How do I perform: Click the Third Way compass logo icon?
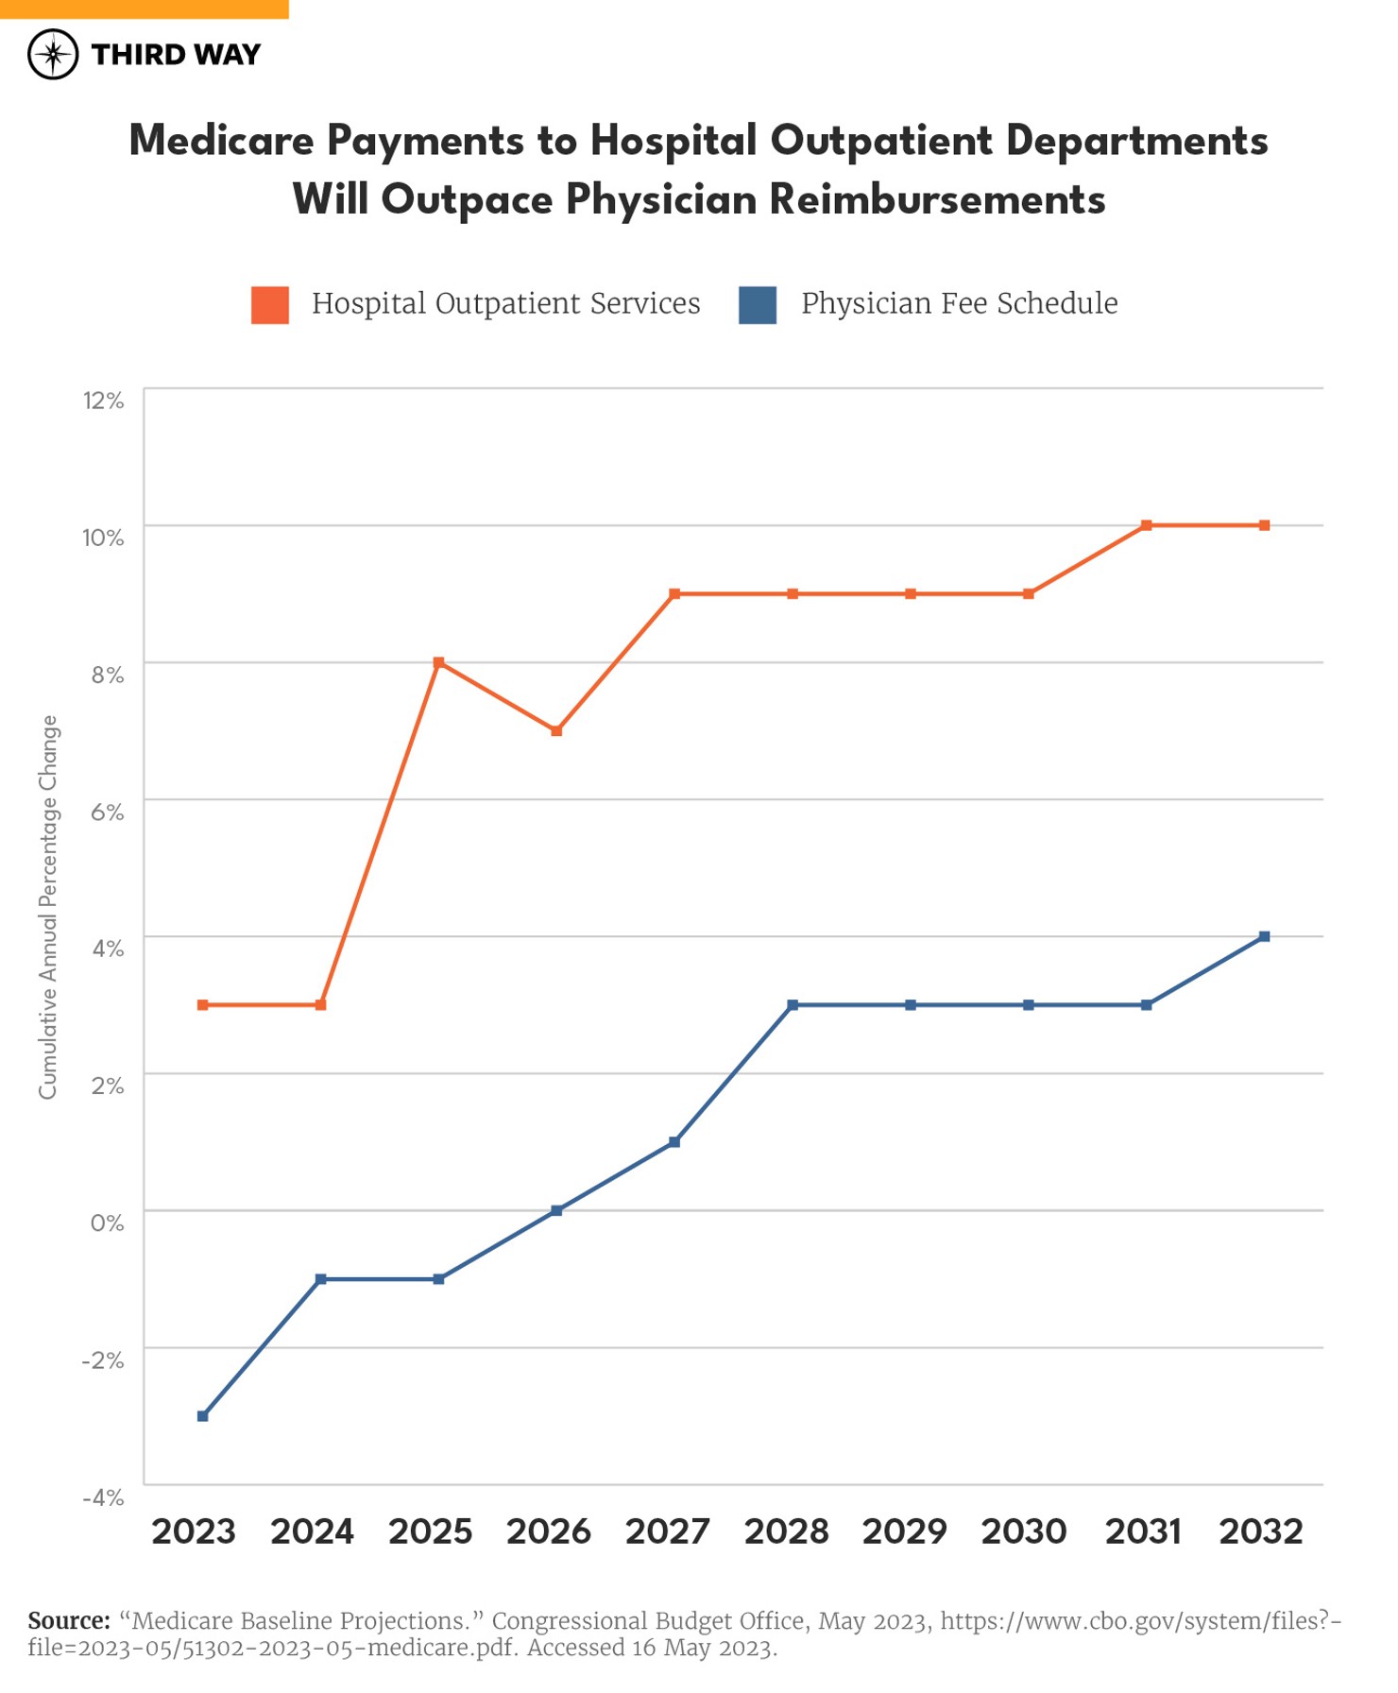53,54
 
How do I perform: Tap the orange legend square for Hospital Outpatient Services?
270,304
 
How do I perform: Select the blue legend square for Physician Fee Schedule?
758,304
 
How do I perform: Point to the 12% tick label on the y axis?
103,401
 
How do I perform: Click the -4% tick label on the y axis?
103,1497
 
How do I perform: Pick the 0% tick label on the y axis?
107,1223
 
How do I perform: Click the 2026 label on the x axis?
549,1531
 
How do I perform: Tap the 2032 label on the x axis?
1261,1531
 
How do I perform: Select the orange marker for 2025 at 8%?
438,663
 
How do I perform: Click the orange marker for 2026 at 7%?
556,731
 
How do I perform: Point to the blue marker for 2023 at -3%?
202,1416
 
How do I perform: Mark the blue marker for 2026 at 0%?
556,1210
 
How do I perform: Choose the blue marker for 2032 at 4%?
1265,936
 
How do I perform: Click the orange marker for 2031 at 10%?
1146,525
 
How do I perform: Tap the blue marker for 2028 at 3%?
793,1005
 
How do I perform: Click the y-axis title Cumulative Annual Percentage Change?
48,907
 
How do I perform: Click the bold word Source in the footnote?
69,1621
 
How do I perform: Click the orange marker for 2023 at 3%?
202,1005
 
